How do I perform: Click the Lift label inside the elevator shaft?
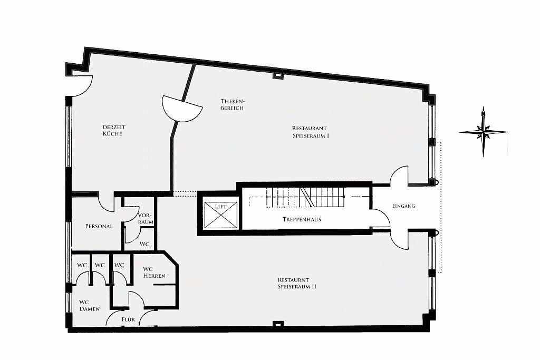pyautogui.click(x=221, y=207)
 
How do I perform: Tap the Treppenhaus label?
pyautogui.click(x=302, y=219)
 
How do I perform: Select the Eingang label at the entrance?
pyautogui.click(x=403, y=206)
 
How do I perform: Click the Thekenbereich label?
pyautogui.click(x=233, y=104)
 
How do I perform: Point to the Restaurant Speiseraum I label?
pyautogui.click(x=311, y=132)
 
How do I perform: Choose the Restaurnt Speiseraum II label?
pyautogui.click(x=297, y=283)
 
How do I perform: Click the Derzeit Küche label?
pyautogui.click(x=114, y=130)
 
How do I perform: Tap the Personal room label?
pyautogui.click(x=99, y=226)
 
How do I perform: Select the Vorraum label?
pyautogui.click(x=146, y=218)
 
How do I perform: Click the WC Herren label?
pyautogui.click(x=155, y=272)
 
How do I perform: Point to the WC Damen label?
pyautogui.click(x=90, y=305)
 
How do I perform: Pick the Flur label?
pyautogui.click(x=128, y=319)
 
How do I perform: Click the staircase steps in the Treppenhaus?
pyautogui.click(x=305, y=197)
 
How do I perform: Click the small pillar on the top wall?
pyautogui.click(x=277, y=75)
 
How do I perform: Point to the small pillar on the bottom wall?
pyautogui.click(x=277, y=324)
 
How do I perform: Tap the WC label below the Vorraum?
pyautogui.click(x=144, y=244)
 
